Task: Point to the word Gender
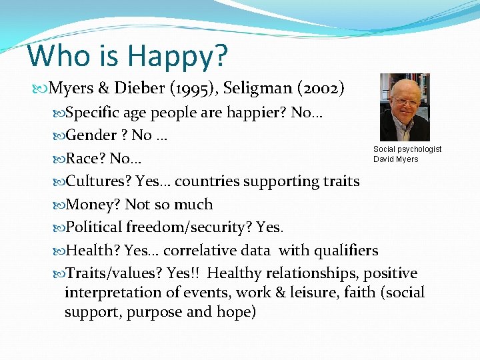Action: click(91, 135)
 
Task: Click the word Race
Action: click(83, 159)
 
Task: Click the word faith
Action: click(361, 293)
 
